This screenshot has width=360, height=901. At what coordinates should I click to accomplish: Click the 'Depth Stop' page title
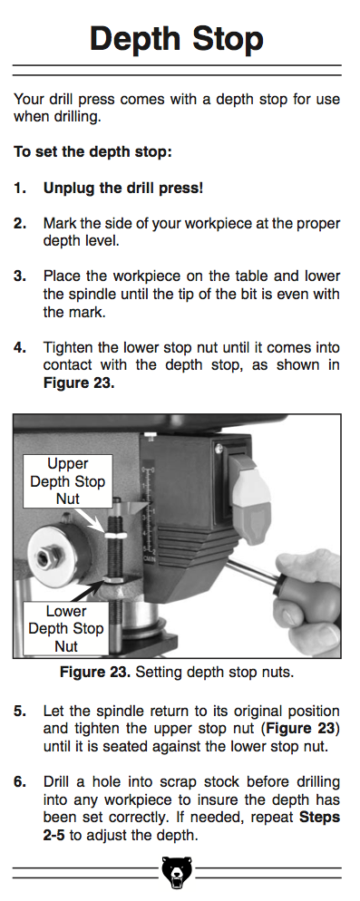(177, 39)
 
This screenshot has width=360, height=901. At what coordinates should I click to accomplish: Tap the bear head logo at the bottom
(177, 872)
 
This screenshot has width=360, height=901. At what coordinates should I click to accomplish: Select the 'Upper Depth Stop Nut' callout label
(67, 481)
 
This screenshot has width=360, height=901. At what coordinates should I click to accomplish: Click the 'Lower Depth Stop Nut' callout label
(65, 629)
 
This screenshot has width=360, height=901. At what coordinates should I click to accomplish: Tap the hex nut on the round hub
(46, 557)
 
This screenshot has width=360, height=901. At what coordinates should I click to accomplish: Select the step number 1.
(20, 188)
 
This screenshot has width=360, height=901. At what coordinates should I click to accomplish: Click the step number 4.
(20, 348)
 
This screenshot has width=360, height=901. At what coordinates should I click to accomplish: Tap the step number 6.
(20, 782)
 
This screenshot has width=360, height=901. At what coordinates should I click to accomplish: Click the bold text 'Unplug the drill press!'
(123, 188)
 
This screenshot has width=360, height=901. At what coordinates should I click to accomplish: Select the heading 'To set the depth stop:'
(93, 152)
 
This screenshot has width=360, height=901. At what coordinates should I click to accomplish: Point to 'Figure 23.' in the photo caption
(95, 672)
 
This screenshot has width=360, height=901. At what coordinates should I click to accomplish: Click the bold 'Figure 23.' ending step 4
(79, 383)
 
